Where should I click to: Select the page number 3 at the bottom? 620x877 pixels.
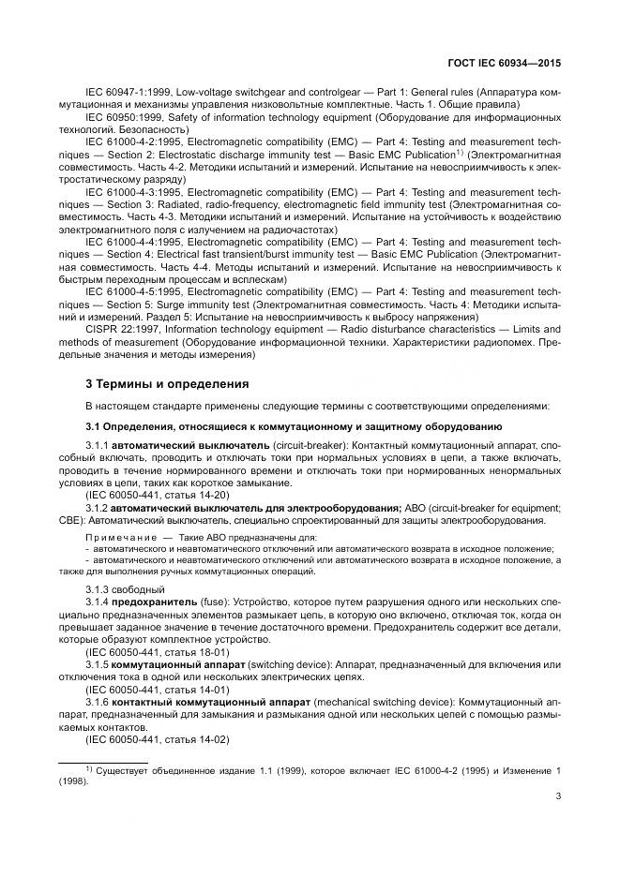click(x=559, y=798)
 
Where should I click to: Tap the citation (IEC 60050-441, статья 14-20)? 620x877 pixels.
click(x=157, y=494)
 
